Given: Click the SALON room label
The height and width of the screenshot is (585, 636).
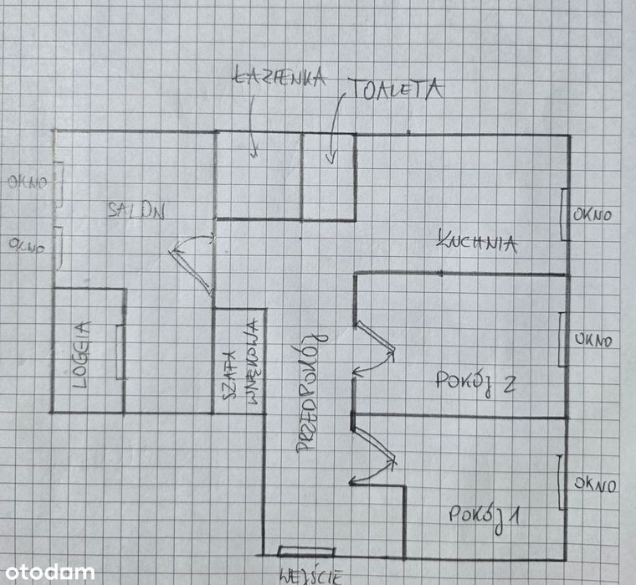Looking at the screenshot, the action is (x=136, y=211).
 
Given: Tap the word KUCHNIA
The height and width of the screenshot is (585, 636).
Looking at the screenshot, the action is (x=477, y=242).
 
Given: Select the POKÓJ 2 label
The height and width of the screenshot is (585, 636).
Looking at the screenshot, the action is (x=475, y=382).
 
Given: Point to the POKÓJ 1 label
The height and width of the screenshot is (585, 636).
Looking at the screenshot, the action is (x=484, y=517).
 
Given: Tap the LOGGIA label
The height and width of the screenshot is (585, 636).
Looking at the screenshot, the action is (x=81, y=355).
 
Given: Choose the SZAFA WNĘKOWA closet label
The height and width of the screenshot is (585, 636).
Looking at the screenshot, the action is (x=241, y=362).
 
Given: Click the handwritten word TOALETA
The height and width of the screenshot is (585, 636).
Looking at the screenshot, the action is (x=396, y=90).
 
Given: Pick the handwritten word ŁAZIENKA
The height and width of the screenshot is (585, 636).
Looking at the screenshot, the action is (x=280, y=77).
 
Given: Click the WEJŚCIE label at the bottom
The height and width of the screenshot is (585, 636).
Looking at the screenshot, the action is (x=311, y=576).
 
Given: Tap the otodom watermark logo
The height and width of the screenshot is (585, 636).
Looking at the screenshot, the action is (x=50, y=572).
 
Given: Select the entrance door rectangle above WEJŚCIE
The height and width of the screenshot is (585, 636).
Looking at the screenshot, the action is (x=306, y=552).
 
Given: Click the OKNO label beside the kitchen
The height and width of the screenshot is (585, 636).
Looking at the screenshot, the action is (x=592, y=214).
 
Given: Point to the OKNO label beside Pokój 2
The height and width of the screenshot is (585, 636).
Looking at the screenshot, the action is (x=593, y=340).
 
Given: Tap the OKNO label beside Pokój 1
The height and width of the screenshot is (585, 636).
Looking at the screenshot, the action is (x=595, y=485).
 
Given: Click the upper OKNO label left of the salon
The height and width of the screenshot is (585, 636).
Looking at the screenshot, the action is (x=28, y=182).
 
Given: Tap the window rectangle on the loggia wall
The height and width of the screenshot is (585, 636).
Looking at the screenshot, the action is (x=120, y=352).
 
